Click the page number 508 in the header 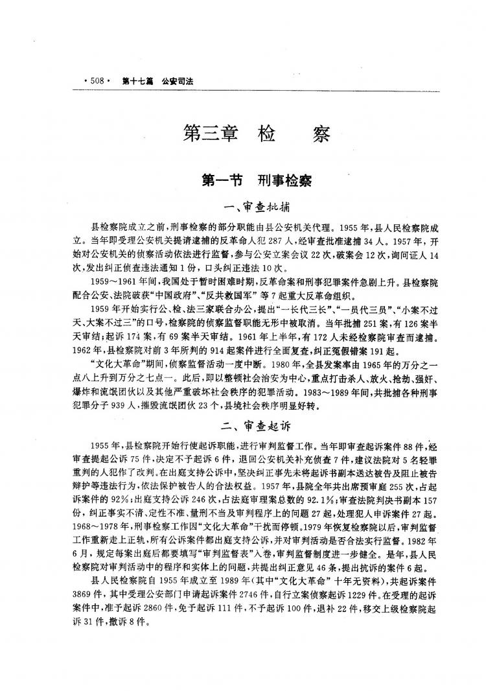pos(97,80)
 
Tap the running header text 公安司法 pos(182,80)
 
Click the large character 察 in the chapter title pos(318,135)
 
